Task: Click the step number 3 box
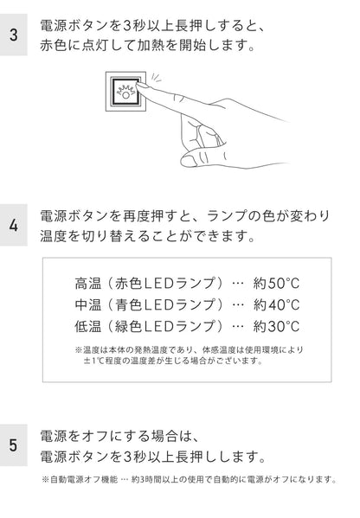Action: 14,35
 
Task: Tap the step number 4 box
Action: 14,225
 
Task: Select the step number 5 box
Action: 14,445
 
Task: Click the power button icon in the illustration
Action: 125,91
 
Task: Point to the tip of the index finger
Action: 138,85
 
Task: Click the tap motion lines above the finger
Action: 156,78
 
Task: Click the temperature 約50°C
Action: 276,284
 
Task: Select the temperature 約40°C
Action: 276,304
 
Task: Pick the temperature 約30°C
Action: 276,326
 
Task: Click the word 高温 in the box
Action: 88,284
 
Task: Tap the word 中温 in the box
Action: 88,304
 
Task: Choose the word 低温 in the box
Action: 88,326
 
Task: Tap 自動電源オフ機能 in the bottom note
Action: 84,479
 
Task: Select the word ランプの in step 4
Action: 231,216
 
